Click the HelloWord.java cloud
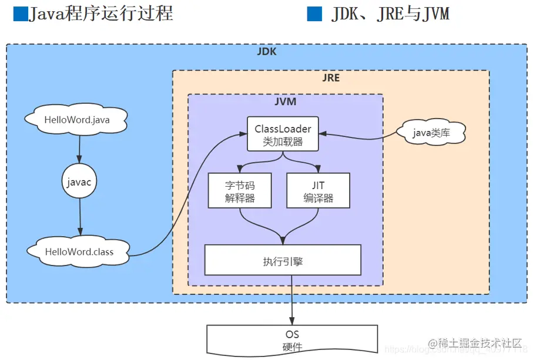click(x=77, y=120)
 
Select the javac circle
click(x=79, y=183)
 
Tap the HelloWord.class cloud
click(x=79, y=251)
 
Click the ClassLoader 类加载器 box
click(x=283, y=134)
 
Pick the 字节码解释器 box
click(x=240, y=191)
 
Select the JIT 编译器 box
click(x=318, y=191)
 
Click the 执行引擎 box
click(x=283, y=260)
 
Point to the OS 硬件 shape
click(x=292, y=341)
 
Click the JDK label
click(x=266, y=52)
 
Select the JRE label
click(x=331, y=78)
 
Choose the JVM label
click(x=285, y=102)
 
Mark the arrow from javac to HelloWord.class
click(x=79, y=218)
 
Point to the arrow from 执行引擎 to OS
click(x=292, y=302)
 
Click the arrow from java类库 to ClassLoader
click(x=358, y=137)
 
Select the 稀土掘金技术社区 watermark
click(x=475, y=343)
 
